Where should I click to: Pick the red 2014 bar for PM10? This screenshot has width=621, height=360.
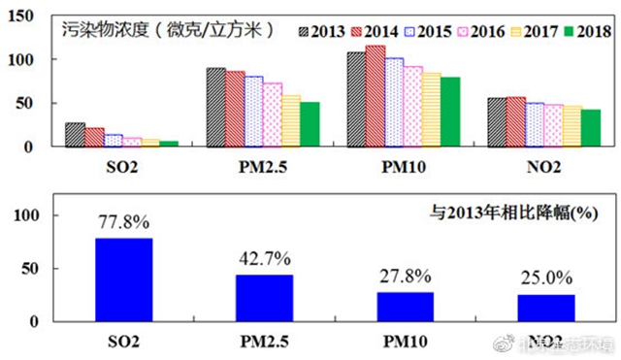(375, 96)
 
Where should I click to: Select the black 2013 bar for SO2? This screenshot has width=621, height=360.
(75, 135)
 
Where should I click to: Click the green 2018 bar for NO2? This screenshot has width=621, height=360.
(591, 128)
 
